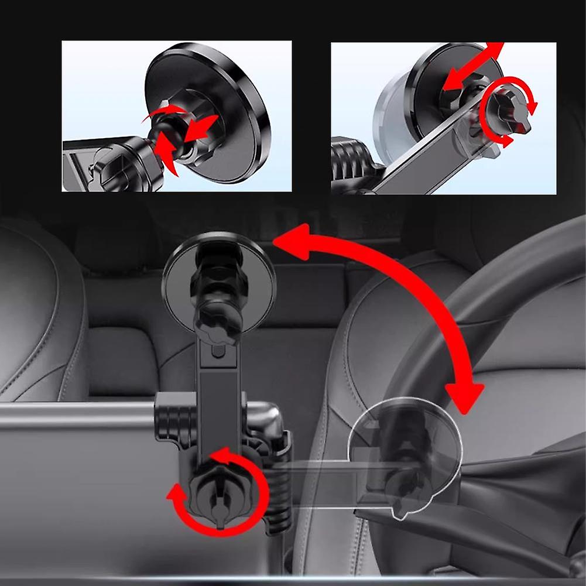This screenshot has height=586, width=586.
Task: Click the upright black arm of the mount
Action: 220,398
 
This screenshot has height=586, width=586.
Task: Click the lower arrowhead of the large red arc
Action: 462,398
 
